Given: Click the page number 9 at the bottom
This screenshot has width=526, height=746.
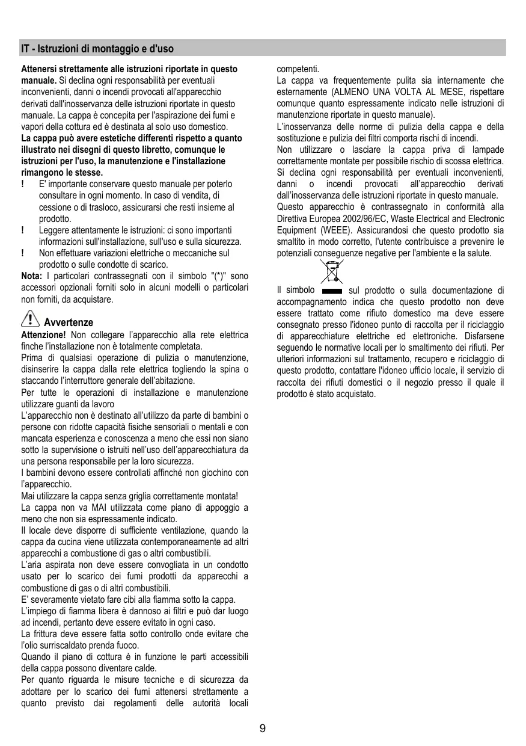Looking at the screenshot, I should [263, 729].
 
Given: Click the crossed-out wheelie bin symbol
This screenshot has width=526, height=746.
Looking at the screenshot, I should [329, 272].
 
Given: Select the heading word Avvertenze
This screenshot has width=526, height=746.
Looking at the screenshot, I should [73, 322].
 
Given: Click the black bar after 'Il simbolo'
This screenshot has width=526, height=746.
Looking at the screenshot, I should [332, 291].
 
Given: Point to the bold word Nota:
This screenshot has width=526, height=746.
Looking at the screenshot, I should [31, 276].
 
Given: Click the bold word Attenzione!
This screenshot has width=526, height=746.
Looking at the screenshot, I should [43, 334].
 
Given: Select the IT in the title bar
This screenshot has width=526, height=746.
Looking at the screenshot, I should [25, 48].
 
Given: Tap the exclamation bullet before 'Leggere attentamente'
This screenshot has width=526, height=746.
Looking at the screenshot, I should [22, 230].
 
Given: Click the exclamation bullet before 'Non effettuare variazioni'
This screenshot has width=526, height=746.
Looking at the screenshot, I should [22, 253].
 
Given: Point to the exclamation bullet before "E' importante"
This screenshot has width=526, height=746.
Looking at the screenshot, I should [22, 185].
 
